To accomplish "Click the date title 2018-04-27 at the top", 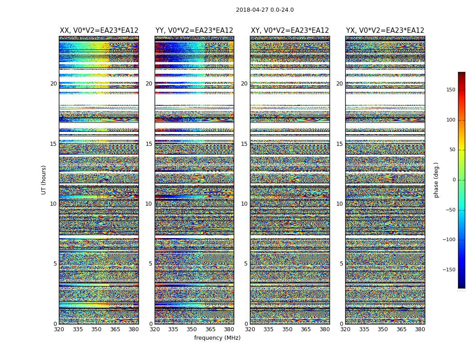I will (x=265, y=10).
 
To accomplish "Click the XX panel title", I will (x=99, y=31).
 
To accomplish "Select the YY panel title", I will (x=194, y=31).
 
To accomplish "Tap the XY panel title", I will (x=289, y=31).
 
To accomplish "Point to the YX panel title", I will (x=385, y=31).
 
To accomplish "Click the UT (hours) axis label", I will (x=44, y=180).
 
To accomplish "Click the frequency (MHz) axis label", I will (x=217, y=338).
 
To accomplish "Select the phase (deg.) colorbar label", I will (x=436, y=180).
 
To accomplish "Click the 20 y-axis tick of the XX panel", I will (x=53, y=84).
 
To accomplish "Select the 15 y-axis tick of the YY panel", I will (x=149, y=144).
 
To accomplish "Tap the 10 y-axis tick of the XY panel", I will (x=244, y=204).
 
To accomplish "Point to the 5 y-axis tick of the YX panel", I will (x=341, y=264).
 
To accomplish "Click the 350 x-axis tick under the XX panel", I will (x=96, y=329).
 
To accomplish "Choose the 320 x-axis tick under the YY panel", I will (x=155, y=329).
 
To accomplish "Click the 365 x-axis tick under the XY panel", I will (x=306, y=329).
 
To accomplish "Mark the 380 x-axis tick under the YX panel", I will (x=420, y=329).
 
